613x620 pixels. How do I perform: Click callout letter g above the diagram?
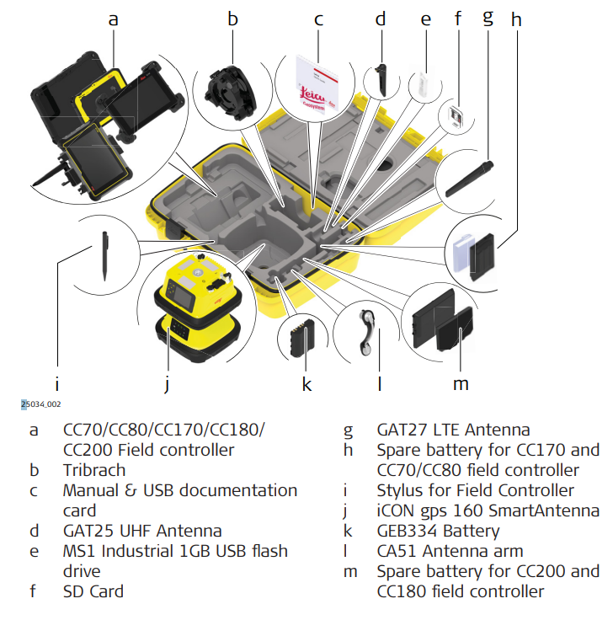point(488,16)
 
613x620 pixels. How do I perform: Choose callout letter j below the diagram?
point(168,384)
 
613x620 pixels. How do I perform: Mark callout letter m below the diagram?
point(460,384)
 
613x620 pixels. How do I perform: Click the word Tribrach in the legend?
point(94,470)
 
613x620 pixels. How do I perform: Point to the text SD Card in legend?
point(93,591)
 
